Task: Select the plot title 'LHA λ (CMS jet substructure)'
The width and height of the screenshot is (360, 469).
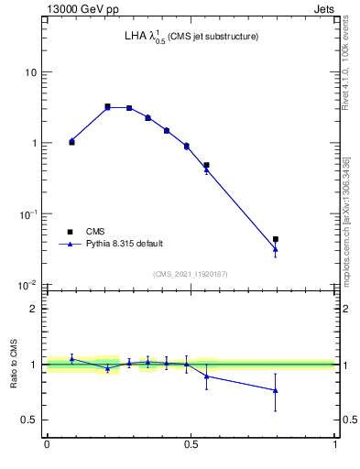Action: coord(191,37)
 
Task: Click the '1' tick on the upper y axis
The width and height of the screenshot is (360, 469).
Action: coord(35,143)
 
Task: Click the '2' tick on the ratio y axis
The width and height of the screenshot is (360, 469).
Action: coord(35,309)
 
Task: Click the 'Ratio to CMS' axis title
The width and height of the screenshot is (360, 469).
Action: coord(14,364)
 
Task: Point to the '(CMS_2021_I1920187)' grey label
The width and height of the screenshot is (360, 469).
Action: coord(191,273)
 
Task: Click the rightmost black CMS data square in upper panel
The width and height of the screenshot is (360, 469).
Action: coord(276,239)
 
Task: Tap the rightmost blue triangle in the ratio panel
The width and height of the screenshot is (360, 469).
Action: coord(276,390)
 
